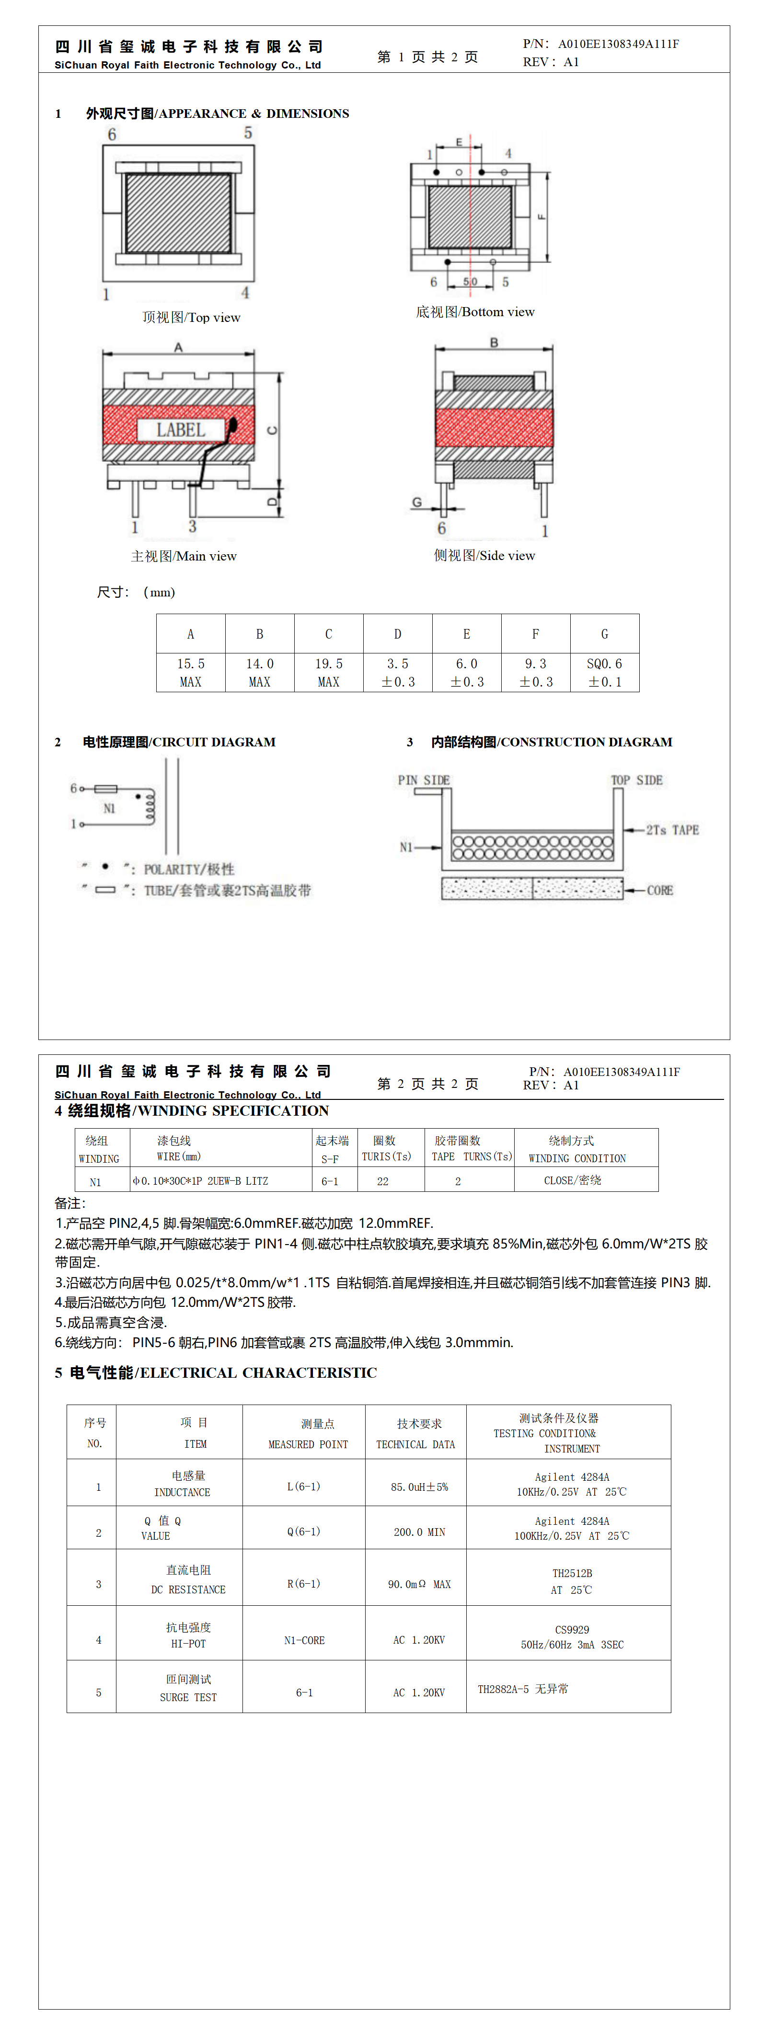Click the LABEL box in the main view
pyautogui.click(x=181, y=430)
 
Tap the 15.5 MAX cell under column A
pyautogui.click(x=190, y=672)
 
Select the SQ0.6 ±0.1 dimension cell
pyautogui.click(x=604, y=672)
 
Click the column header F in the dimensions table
pyautogui.click(x=536, y=634)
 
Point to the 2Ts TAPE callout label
pyautogui.click(x=671, y=830)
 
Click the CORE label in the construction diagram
pyautogui.click(x=660, y=890)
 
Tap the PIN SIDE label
pyautogui.click(x=424, y=780)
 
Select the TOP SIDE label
pyautogui.click(x=636, y=780)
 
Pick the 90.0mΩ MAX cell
pyautogui.click(x=419, y=1584)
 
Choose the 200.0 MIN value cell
pyautogui.click(x=419, y=1532)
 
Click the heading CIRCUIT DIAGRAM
pyautogui.click(x=179, y=742)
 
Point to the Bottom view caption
pyautogui.click(x=475, y=312)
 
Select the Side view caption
pyautogui.click(x=484, y=555)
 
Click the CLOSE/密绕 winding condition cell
pyautogui.click(x=572, y=1180)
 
